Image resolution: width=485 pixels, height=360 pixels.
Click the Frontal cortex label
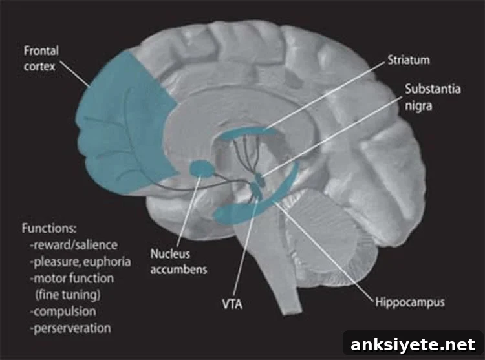pos(41,58)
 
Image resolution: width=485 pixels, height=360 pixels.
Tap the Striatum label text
pos(409,59)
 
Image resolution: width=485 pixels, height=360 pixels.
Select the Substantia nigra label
pos(433,98)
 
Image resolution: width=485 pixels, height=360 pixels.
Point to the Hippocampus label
pos(410,302)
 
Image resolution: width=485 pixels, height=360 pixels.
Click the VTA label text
pos(232,304)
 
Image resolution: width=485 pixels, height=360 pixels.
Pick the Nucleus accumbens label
pos(178,261)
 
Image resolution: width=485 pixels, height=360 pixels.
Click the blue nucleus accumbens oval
pos(202,169)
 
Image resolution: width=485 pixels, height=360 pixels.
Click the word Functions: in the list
pos(49,228)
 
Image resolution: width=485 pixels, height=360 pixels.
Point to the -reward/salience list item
pos(74,245)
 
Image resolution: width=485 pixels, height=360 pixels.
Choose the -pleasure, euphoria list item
pos(80,262)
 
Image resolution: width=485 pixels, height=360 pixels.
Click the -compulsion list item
pos(63,311)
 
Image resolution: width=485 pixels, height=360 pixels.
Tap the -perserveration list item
pos(70,328)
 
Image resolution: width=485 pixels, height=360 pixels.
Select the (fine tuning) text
pos(68,295)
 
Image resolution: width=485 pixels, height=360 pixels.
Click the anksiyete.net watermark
pos(413,344)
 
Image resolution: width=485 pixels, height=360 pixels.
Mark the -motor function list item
pos(72,278)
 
